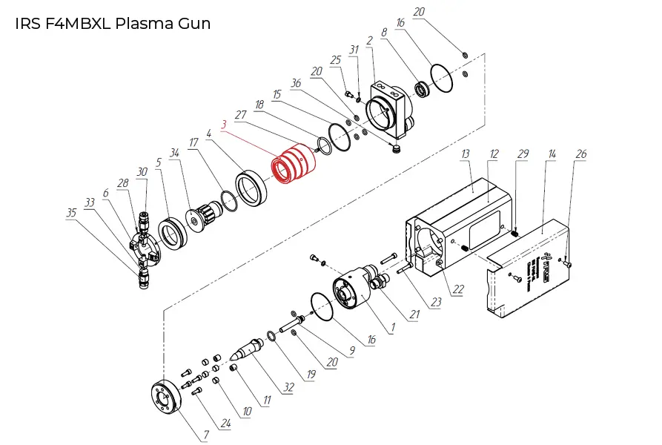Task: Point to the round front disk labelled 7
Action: coord(165,398)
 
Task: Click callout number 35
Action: coord(71,212)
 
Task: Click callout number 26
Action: coord(581,154)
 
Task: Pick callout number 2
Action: coord(369,39)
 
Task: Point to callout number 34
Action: coord(175,153)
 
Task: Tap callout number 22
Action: coord(458,290)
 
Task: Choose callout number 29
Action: coord(523,154)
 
